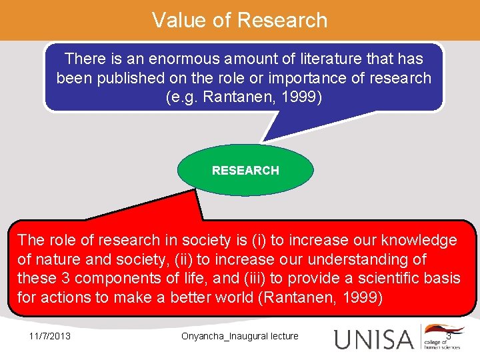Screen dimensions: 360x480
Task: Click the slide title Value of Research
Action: pos(240,20)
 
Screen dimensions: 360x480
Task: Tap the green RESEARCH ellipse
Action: pos(245,170)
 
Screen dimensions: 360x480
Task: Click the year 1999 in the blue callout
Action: pos(300,97)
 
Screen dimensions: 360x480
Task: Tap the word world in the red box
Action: pos(229,297)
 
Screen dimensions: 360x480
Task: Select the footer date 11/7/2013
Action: pos(50,336)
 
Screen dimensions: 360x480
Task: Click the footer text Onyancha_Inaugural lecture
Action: pos(240,336)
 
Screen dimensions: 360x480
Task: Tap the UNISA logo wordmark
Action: pos(373,339)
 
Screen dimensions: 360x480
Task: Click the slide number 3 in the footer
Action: pos(449,336)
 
